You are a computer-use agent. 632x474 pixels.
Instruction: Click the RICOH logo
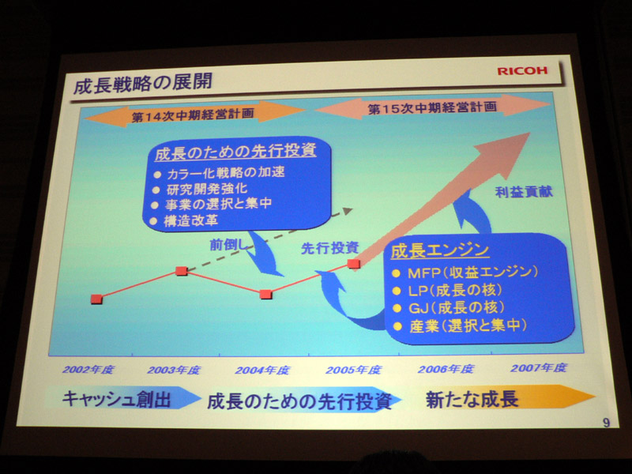pyautogui.click(x=522, y=70)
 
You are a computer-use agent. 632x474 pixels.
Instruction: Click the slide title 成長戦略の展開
pyautogui.click(x=143, y=84)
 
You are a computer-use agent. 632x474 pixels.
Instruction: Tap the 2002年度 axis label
pyautogui.click(x=88, y=370)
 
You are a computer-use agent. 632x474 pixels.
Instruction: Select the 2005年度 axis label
pyautogui.click(x=353, y=370)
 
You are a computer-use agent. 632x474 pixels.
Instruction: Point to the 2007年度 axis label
pyautogui.click(x=539, y=367)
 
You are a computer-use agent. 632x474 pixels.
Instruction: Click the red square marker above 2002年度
pyautogui.click(x=96, y=299)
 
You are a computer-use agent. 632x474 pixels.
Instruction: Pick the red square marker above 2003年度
pyautogui.click(x=182, y=271)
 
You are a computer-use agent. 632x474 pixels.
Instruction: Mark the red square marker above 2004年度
pyautogui.click(x=265, y=294)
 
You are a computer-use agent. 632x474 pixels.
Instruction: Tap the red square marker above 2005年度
pyautogui.click(x=353, y=264)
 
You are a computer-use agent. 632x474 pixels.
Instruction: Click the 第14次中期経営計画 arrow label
pyautogui.click(x=193, y=115)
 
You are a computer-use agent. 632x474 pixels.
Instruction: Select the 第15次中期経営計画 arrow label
pyautogui.click(x=432, y=107)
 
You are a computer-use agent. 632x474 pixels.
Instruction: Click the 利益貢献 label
pyautogui.click(x=524, y=192)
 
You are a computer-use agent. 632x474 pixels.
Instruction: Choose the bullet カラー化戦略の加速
pyautogui.click(x=220, y=173)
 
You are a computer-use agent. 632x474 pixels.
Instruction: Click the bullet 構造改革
pyautogui.click(x=185, y=221)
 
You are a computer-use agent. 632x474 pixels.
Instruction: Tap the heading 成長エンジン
pyautogui.click(x=440, y=250)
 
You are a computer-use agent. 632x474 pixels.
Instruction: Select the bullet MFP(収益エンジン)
pyautogui.click(x=466, y=273)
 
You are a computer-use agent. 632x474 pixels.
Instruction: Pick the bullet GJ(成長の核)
pyautogui.click(x=449, y=308)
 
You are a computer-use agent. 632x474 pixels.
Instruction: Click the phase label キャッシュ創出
pyautogui.click(x=116, y=399)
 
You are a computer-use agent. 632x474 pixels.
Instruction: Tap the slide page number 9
pyautogui.click(x=606, y=423)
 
